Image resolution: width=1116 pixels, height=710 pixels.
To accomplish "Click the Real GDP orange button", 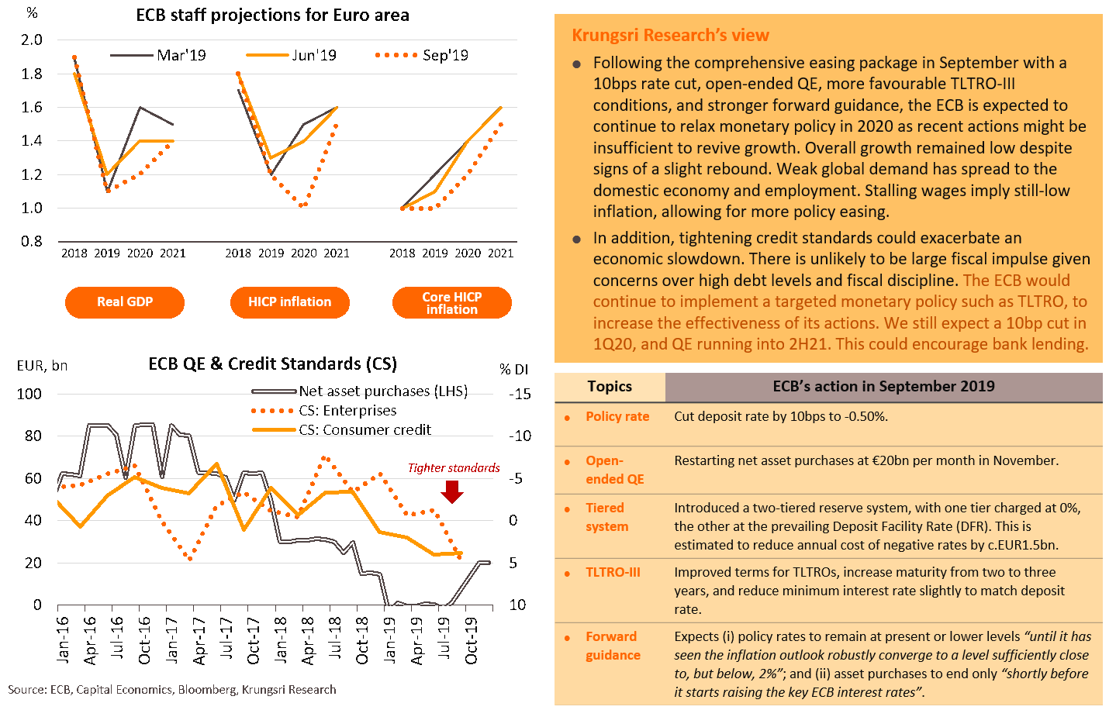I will (x=125, y=302).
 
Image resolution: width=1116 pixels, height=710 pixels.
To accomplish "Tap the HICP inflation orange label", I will (x=289, y=302).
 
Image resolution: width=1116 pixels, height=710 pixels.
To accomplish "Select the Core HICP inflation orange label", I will (x=452, y=303).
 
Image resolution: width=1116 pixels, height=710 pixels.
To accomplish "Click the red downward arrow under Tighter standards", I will (x=452, y=491).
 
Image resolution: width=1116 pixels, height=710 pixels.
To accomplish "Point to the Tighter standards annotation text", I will (x=454, y=468).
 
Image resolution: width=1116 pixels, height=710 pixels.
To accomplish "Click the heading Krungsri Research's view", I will (x=670, y=36).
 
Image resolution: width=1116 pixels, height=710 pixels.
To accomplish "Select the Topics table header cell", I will (x=610, y=387).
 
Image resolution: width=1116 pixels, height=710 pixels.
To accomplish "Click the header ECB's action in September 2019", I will (x=883, y=387).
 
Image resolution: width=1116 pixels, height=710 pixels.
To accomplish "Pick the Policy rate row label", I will (x=617, y=417).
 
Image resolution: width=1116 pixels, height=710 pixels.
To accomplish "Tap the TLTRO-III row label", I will (x=613, y=573).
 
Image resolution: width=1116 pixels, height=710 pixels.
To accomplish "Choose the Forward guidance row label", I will (x=613, y=646).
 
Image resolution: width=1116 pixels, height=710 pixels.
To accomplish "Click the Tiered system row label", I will (x=606, y=517).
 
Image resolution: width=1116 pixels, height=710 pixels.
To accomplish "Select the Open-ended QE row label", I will (x=614, y=470).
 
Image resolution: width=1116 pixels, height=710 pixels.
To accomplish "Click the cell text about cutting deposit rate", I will (x=781, y=417).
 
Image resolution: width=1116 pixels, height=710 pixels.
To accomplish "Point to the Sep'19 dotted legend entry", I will (x=422, y=56).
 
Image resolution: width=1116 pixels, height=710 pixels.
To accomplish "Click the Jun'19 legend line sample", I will (x=268, y=56).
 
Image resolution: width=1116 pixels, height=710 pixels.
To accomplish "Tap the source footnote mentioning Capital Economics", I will (x=172, y=690).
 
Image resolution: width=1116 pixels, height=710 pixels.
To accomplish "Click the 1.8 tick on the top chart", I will (x=33, y=74).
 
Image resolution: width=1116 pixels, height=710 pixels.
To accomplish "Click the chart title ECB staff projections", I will (x=272, y=16).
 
